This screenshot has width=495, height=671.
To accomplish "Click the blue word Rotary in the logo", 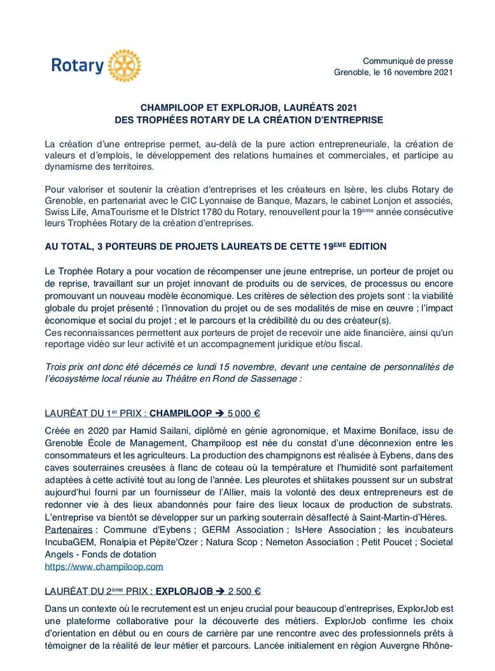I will coord(77,66).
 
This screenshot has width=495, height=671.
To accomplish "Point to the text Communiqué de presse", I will coord(408,61).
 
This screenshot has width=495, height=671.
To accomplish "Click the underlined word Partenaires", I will coord(68,530).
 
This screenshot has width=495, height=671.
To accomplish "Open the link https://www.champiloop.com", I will coord(104,567).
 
